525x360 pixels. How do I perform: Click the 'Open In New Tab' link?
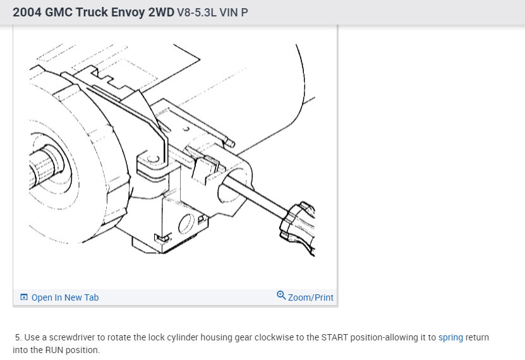click(65, 297)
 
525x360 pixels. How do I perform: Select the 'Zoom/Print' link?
click(310, 297)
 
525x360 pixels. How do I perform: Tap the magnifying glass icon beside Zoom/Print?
click(281, 295)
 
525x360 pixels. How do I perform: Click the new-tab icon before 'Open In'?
click(24, 297)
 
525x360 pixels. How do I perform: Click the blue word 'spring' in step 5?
click(450, 337)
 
